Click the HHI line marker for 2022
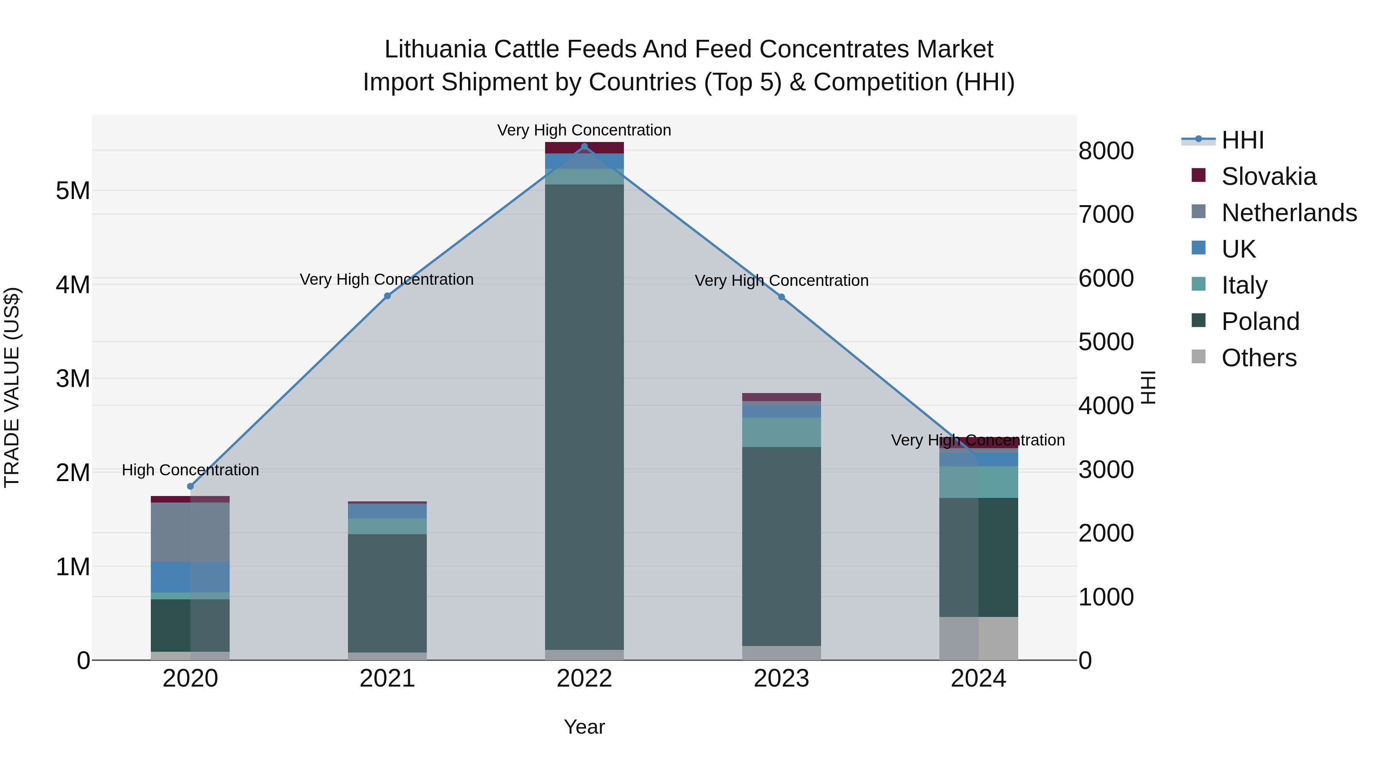584,147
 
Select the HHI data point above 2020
191,486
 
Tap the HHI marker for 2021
387,296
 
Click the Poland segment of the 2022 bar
584,417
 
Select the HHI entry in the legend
1242,140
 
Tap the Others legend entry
1258,358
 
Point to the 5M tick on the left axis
73,191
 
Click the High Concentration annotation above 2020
191,470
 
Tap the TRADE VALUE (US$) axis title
12,387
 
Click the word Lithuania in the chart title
435,49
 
